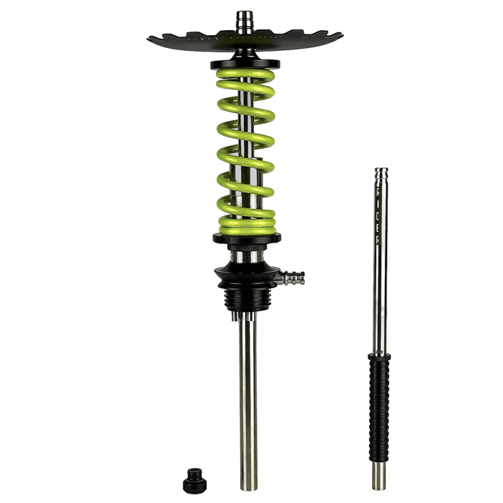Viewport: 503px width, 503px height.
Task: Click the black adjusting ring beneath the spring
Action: pos(245,239)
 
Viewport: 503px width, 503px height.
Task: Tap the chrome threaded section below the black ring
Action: pos(245,255)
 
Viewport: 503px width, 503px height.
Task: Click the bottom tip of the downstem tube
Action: pos(245,484)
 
